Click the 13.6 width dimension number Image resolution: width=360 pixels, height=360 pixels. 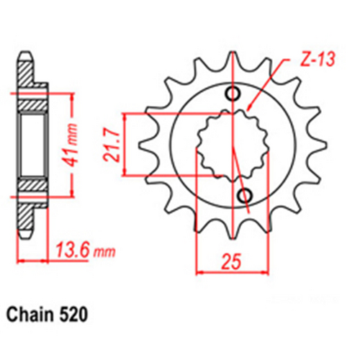coord(72,253)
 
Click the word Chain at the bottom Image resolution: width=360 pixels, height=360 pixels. coord(32,315)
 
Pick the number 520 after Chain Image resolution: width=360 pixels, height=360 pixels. coord(75,315)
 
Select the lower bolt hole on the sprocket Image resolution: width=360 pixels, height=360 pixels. coord(244,195)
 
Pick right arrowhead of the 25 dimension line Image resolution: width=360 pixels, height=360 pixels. coord(264,272)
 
